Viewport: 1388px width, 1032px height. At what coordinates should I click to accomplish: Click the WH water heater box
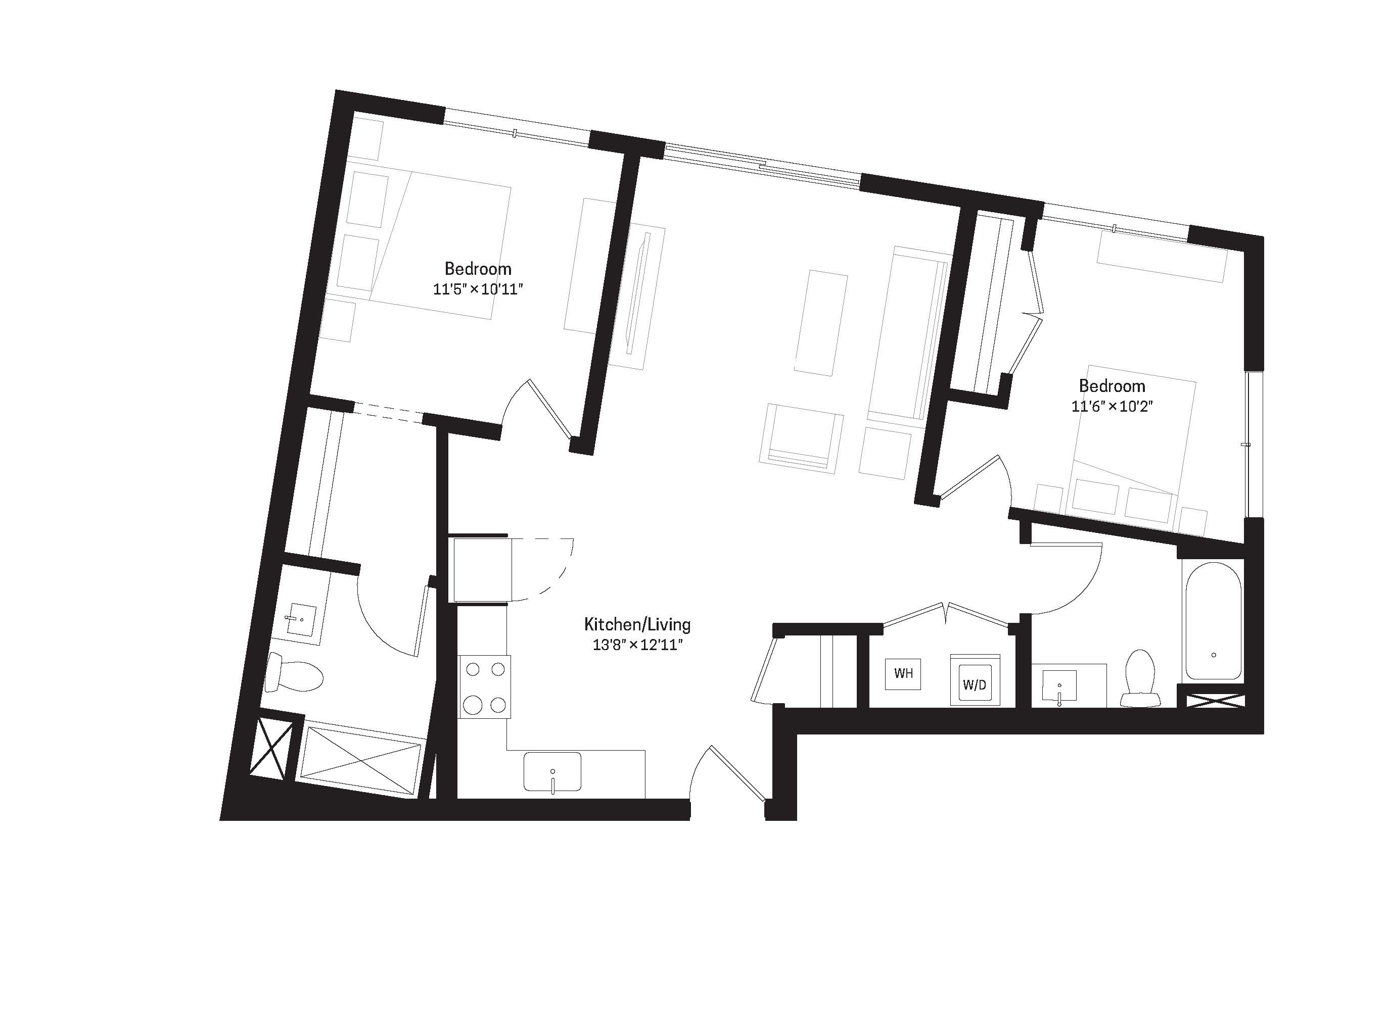click(x=904, y=673)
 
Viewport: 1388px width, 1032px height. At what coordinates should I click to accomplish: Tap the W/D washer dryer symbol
click(x=975, y=680)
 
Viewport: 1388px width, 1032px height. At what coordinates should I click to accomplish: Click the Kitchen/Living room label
click(x=637, y=624)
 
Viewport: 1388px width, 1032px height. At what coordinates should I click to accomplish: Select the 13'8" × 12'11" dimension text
click(x=637, y=645)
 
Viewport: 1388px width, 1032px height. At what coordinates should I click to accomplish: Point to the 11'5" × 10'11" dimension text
click(x=478, y=289)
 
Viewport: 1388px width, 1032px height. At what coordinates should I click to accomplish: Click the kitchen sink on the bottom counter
click(x=552, y=772)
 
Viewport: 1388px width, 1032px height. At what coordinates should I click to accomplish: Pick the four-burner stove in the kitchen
click(x=485, y=686)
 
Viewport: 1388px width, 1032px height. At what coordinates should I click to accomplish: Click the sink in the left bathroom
click(x=301, y=621)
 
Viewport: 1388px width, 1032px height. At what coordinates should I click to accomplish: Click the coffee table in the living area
click(x=820, y=322)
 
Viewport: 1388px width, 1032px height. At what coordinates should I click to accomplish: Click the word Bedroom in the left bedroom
click(x=478, y=269)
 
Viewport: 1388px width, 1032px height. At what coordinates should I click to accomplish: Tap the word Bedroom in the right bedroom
click(x=1112, y=385)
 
